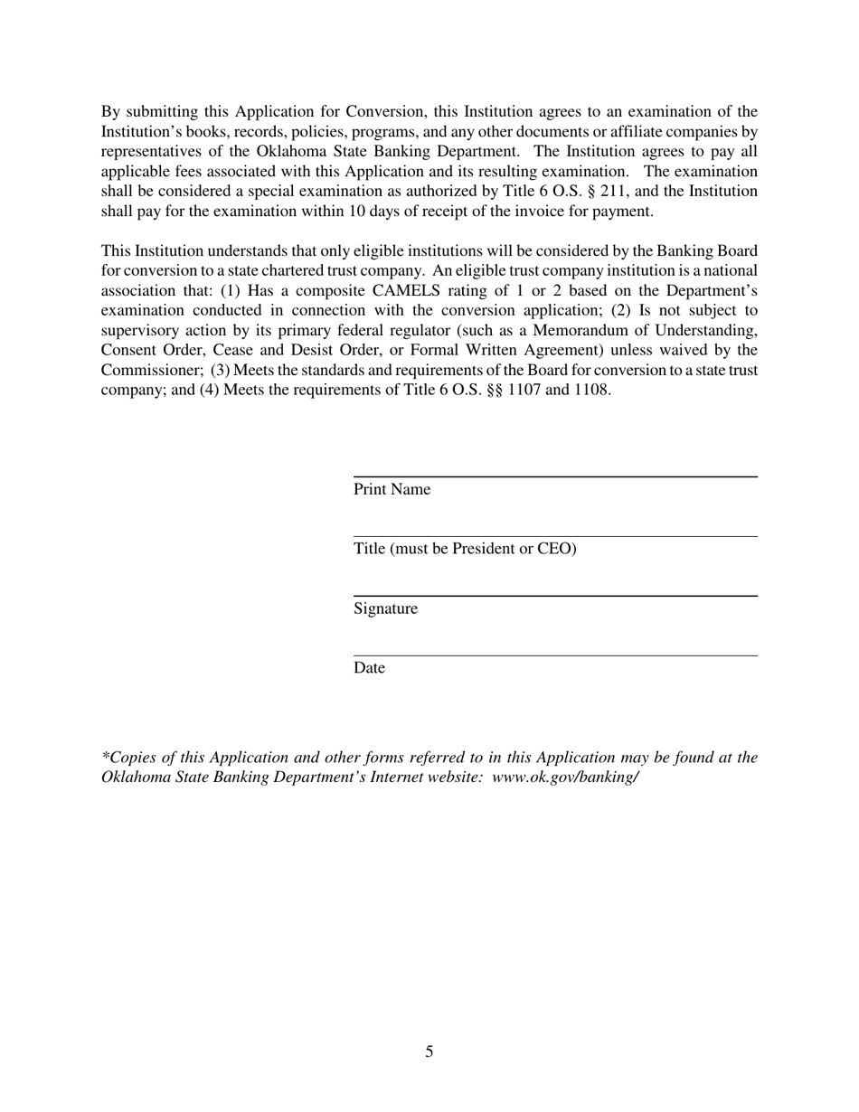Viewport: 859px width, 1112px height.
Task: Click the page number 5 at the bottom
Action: (x=429, y=1051)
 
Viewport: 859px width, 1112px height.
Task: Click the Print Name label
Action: (x=392, y=490)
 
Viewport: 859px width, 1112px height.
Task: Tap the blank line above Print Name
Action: (x=554, y=476)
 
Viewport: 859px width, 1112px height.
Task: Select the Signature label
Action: (x=385, y=609)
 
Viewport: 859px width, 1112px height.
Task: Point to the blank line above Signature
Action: (x=554, y=596)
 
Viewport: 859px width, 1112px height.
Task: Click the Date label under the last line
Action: (x=369, y=668)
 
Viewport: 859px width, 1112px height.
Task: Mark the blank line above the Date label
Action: (x=554, y=655)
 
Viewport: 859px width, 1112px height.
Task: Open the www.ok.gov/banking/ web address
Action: (x=565, y=777)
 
